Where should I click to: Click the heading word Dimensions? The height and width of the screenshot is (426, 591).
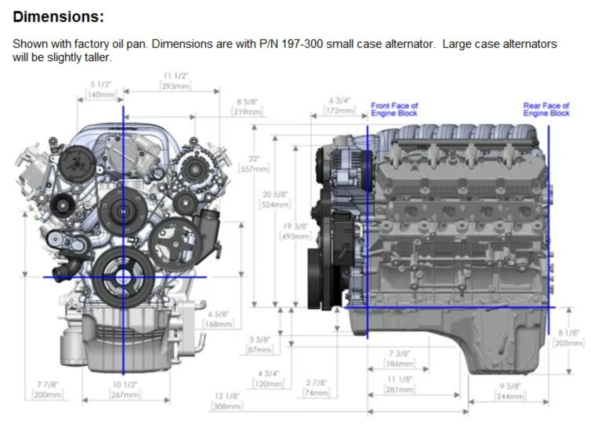click(x=58, y=17)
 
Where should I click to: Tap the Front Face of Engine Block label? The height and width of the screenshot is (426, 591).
click(x=394, y=109)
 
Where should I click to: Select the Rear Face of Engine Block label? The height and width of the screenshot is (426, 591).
click(x=546, y=109)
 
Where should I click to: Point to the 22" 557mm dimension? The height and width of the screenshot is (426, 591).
click(x=254, y=164)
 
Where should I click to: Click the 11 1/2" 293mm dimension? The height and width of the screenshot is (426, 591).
click(x=176, y=81)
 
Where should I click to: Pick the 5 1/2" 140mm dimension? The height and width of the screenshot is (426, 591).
click(x=101, y=90)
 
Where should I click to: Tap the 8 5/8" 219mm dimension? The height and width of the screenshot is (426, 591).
click(x=247, y=107)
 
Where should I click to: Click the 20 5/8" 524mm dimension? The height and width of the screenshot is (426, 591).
click(x=275, y=200)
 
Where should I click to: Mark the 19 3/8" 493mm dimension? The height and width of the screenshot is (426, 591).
click(x=295, y=231)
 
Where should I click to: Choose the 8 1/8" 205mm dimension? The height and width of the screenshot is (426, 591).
click(x=568, y=338)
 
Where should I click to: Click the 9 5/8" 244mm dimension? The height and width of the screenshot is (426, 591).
click(x=510, y=391)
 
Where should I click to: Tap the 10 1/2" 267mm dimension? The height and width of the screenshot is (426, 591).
click(x=125, y=390)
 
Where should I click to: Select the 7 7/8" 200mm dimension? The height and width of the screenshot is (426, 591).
click(x=48, y=390)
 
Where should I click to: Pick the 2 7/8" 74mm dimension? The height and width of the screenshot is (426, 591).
click(x=316, y=388)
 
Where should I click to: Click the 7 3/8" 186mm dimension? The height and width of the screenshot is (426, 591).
click(x=399, y=359)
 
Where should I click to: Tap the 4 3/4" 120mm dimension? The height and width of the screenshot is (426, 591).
click(x=268, y=379)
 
